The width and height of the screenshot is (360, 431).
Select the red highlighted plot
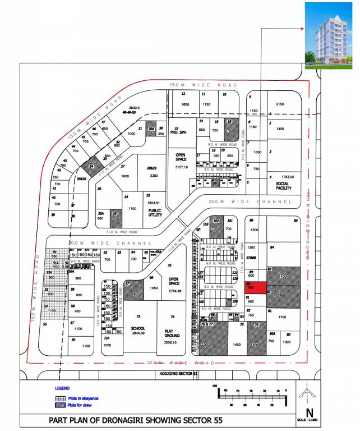[251, 286]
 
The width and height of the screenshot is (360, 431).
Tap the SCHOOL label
[138, 329]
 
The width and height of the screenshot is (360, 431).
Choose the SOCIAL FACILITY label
[284, 186]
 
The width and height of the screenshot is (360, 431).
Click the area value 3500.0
[134, 107]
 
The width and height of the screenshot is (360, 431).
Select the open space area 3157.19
[181, 167]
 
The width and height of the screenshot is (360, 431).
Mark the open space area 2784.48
[174, 291]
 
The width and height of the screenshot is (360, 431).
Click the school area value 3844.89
[138, 334]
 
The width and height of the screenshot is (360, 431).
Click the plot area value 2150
[280, 104]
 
